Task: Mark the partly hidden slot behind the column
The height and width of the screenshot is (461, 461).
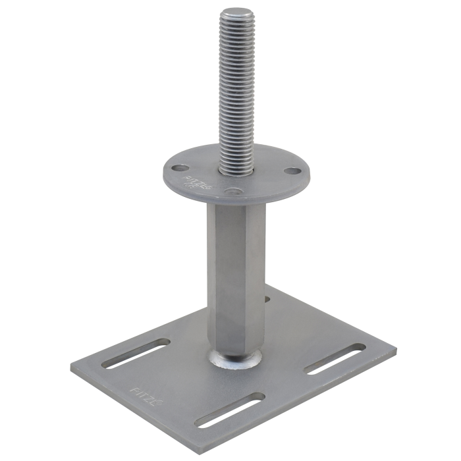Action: [x=267, y=299]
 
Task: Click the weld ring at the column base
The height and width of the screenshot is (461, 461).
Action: [x=235, y=358]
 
